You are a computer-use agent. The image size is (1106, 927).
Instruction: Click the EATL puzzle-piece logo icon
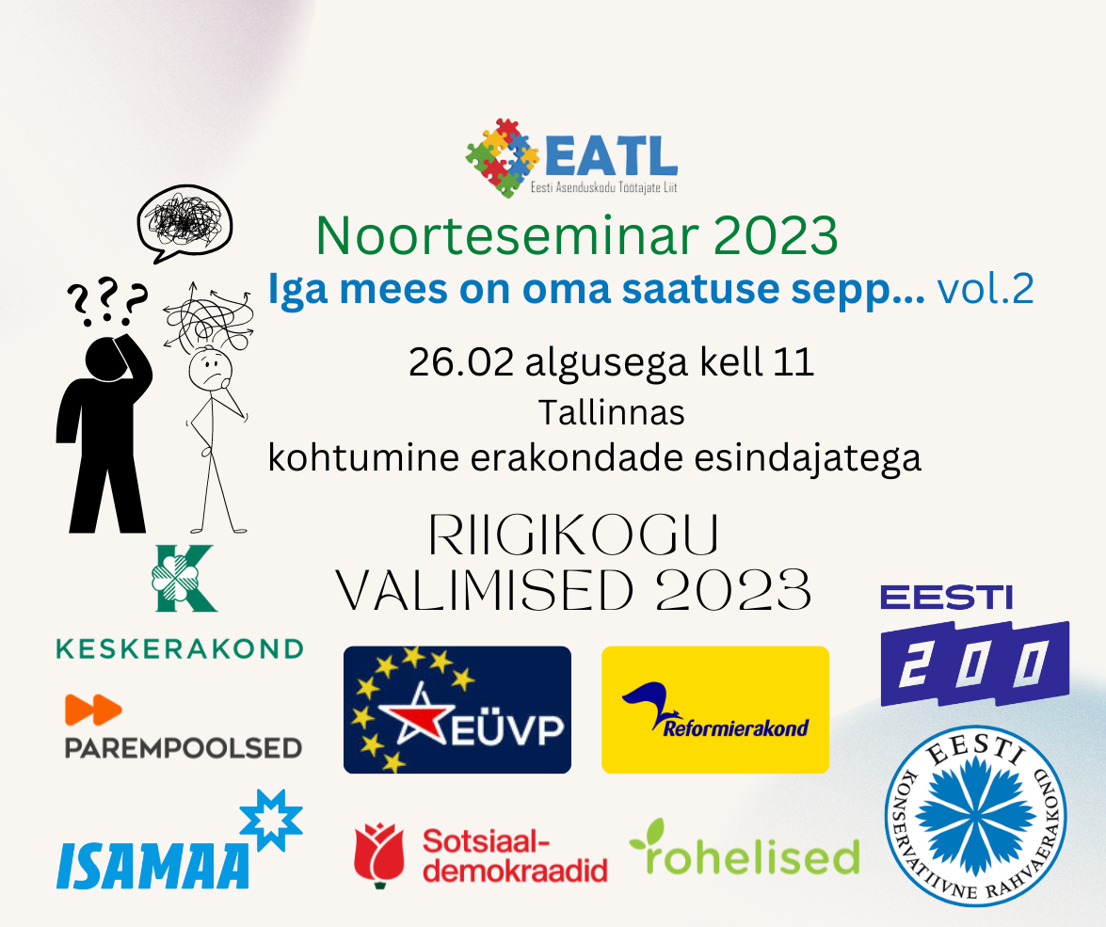pyautogui.click(x=503, y=156)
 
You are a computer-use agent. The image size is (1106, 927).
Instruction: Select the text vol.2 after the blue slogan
pyautogui.click(x=986, y=289)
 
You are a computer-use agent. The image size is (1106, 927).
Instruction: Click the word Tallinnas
pyautogui.click(x=612, y=413)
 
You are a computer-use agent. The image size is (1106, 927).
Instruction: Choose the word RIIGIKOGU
pyautogui.click(x=573, y=534)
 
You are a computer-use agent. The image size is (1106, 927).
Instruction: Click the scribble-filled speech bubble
pyautogui.click(x=184, y=223)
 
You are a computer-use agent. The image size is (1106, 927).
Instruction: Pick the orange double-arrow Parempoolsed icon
pyautogui.click(x=93, y=710)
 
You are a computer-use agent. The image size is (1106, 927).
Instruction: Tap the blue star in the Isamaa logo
pyautogui.click(x=271, y=820)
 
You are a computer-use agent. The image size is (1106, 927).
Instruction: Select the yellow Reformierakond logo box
pyautogui.click(x=715, y=710)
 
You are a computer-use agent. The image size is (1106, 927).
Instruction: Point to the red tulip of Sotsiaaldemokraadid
pyautogui.click(x=379, y=855)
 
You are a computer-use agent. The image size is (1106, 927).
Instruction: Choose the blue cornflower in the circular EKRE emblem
pyautogui.click(x=976, y=816)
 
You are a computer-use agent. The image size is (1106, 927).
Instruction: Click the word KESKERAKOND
pyautogui.click(x=180, y=649)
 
